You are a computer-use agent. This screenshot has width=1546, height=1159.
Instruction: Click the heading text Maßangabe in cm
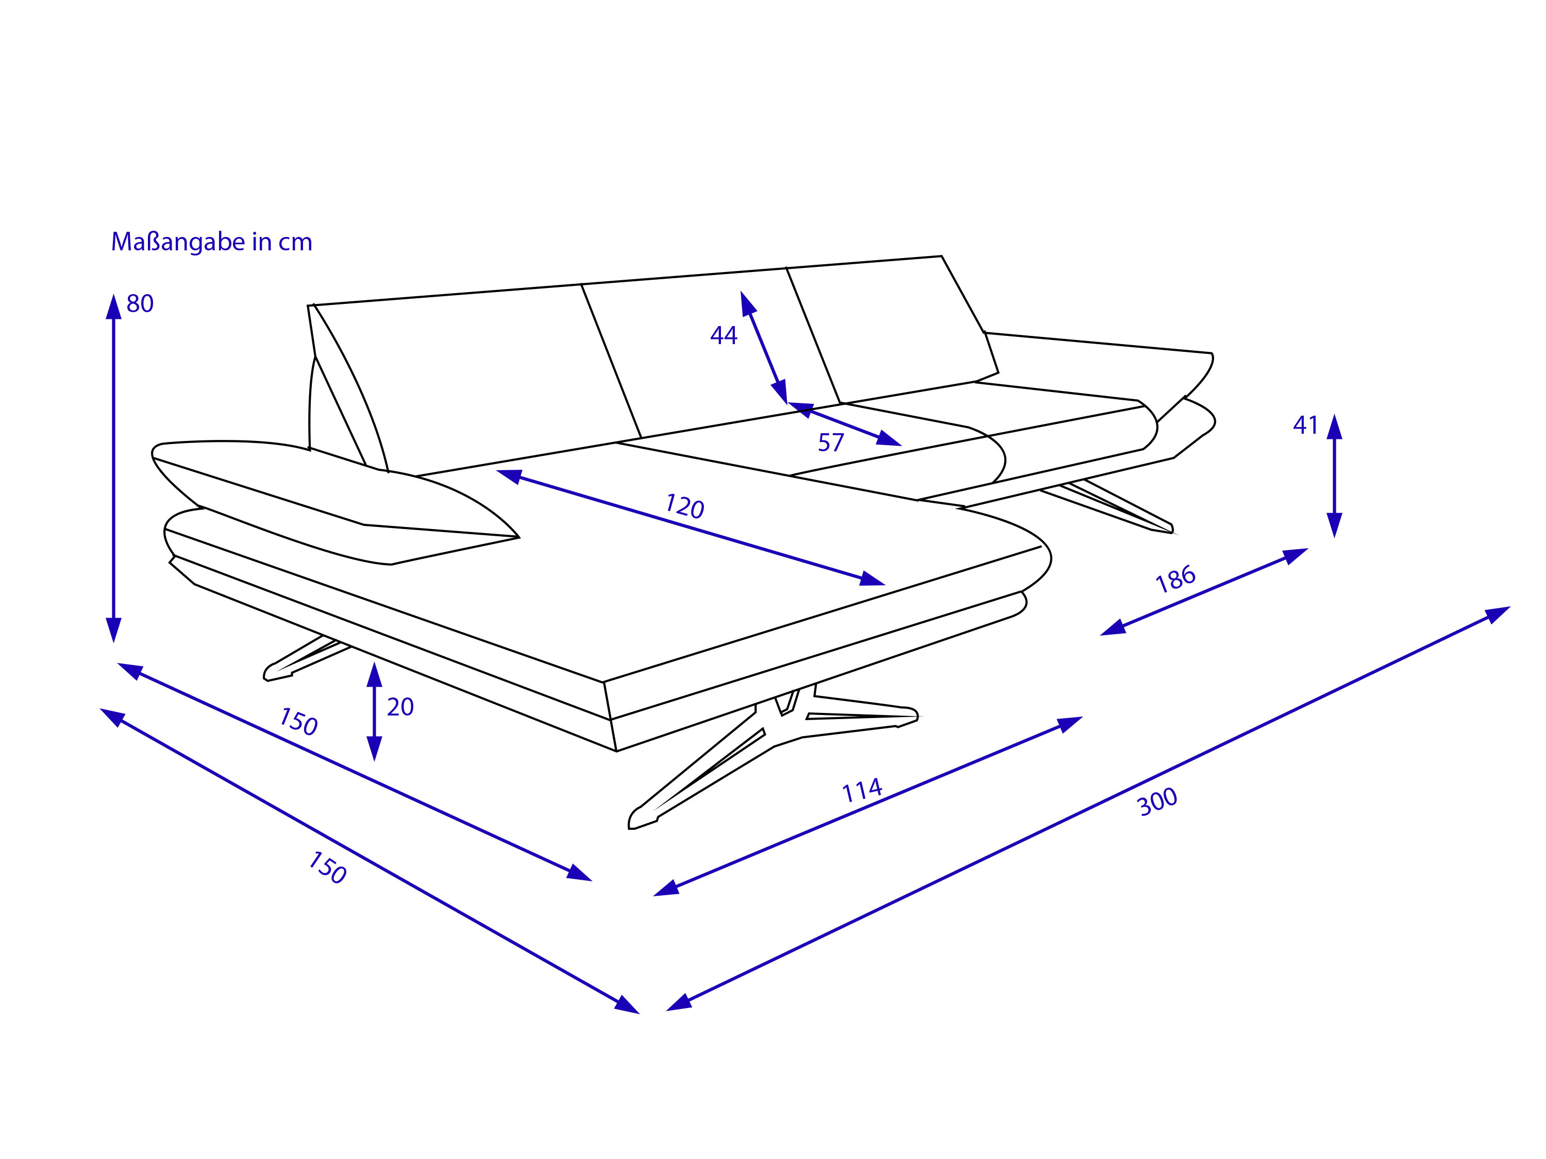click(212, 242)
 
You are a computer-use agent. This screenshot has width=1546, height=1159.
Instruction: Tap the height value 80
click(140, 304)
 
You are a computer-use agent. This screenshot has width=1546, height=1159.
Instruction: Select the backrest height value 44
click(724, 336)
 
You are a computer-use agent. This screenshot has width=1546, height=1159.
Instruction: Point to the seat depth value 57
click(831, 443)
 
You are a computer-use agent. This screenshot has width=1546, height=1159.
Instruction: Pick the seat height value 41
click(1305, 425)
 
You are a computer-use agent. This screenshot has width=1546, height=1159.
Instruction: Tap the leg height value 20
click(400, 707)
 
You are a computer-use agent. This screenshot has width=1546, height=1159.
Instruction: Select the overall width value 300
click(1157, 802)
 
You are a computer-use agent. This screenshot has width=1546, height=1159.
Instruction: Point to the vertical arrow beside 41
click(1334, 476)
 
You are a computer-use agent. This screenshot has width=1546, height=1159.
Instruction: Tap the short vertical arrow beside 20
click(375, 711)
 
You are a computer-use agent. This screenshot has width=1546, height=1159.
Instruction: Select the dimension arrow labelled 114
click(867, 806)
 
